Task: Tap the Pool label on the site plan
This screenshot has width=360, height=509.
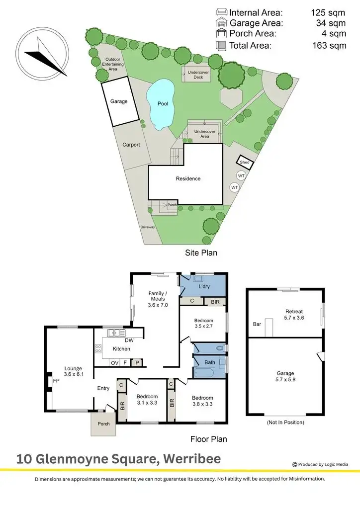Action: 163,104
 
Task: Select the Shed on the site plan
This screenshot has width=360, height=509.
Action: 245,163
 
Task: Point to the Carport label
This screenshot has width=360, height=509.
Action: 131,145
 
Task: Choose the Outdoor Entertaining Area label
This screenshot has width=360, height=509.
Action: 112,65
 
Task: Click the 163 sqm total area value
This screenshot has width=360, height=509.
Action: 331,46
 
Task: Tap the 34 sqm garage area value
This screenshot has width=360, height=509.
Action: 331,23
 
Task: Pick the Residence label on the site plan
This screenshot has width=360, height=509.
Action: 188,178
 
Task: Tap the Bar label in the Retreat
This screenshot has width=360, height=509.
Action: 257,324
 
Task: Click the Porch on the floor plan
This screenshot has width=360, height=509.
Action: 103,424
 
